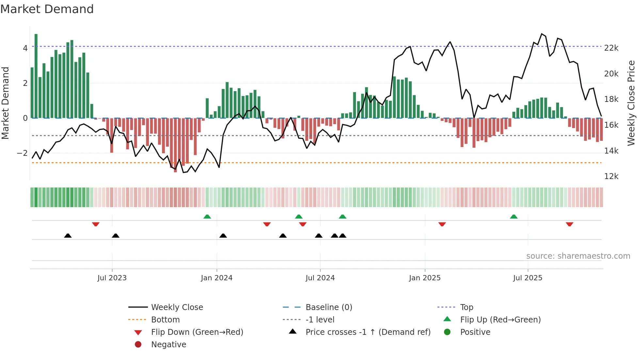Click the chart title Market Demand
point(47,9)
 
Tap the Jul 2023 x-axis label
point(112,278)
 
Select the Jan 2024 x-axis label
point(216,278)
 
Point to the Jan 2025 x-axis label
point(424,278)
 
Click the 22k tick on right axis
point(611,48)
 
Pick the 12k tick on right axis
point(611,176)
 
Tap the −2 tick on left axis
point(22,153)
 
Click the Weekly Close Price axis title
point(631,103)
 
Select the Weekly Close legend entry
point(177,307)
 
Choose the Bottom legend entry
point(165,320)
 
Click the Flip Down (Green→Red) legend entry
point(197,332)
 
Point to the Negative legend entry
point(168,345)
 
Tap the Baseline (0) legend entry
point(328,307)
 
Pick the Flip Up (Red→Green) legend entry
point(500,320)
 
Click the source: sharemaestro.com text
point(578,256)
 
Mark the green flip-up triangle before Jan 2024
point(207,217)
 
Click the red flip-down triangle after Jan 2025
point(442,224)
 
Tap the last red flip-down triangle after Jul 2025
point(569,224)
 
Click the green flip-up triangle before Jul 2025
point(514,217)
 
